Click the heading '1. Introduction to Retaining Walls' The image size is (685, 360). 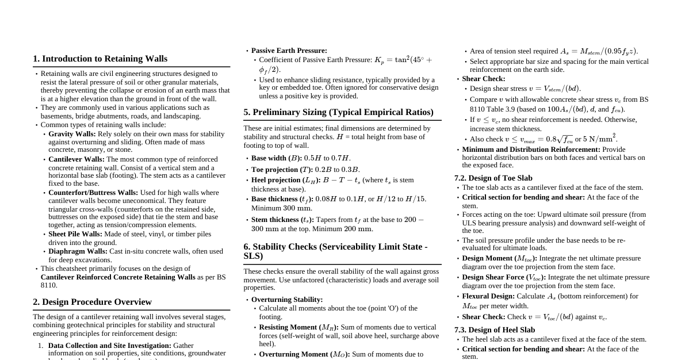(x=100, y=59)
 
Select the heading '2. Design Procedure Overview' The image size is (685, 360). (x=92, y=302)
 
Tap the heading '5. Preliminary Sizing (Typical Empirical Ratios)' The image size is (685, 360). (x=338, y=112)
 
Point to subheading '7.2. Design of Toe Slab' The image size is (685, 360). (x=493, y=178)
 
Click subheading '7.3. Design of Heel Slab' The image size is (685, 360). (x=495, y=330)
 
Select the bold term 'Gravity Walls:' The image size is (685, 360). (x=72, y=134)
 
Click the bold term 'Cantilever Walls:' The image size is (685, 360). (x=76, y=159)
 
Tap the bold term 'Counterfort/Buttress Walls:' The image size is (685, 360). (x=93, y=193)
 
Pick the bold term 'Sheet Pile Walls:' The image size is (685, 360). (x=75, y=234)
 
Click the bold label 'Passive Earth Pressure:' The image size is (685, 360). (x=289, y=51)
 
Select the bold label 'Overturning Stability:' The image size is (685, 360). (x=287, y=300)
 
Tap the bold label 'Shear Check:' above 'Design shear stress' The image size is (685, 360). (x=484, y=79)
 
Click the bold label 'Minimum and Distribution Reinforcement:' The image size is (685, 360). (x=531, y=150)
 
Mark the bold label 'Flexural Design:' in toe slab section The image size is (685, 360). (x=488, y=296)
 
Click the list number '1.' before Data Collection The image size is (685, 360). (x=41, y=346)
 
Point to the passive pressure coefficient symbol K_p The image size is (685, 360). (x=379, y=60)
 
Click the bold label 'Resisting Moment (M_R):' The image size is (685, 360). (x=299, y=327)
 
